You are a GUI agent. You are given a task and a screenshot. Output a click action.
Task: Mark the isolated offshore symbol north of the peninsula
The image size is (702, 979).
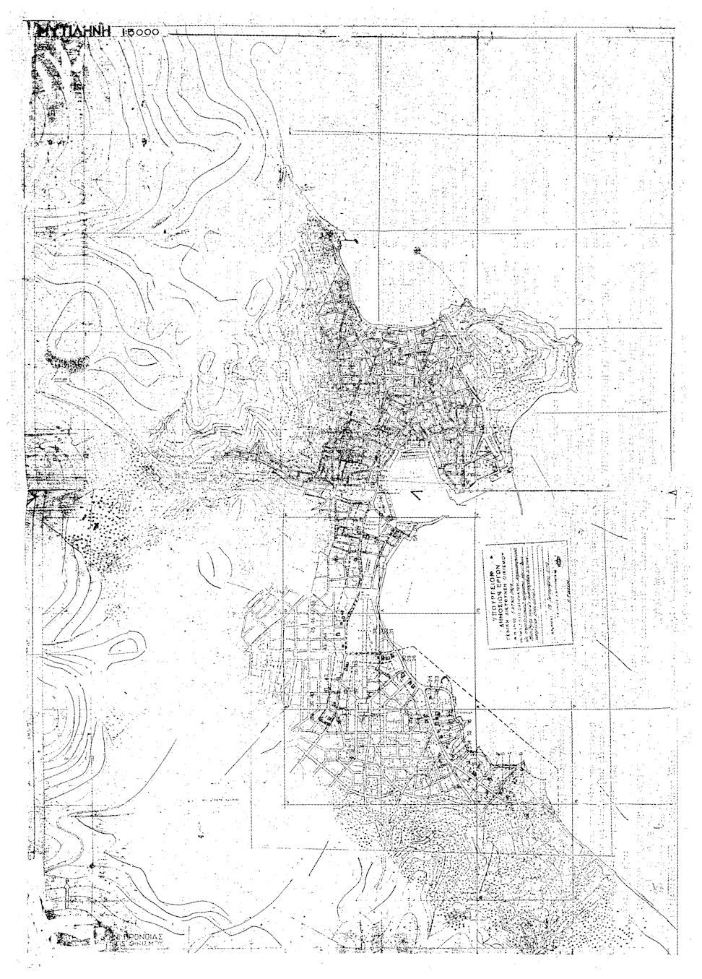point(417,251)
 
